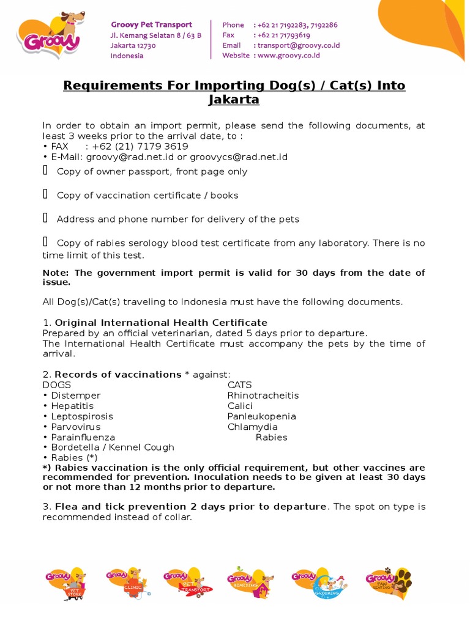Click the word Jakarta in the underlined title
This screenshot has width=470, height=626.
[234, 100]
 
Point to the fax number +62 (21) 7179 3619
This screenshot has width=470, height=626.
[140, 147]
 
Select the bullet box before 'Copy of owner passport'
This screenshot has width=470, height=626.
[45, 171]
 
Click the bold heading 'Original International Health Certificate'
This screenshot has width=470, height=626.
[161, 322]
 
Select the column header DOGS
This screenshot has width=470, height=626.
[56, 385]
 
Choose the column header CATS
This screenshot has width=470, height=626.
[239, 385]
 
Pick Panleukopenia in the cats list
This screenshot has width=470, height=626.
[261, 416]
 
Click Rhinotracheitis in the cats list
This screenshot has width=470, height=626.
[263, 396]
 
